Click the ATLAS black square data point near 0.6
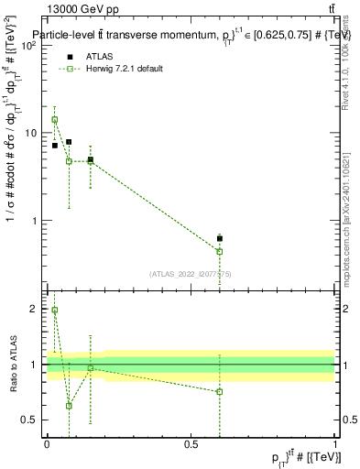(x=220, y=238)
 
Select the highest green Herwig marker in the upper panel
(x=54, y=120)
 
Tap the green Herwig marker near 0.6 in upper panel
(x=220, y=251)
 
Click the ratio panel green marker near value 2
(x=54, y=311)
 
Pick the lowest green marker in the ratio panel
(x=69, y=405)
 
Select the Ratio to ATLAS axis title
(x=14, y=365)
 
